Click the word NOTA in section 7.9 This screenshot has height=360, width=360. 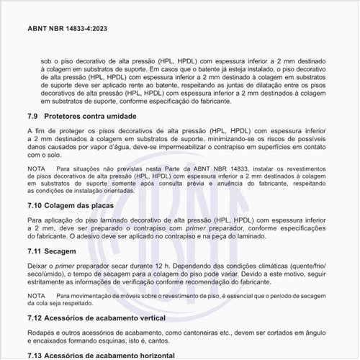pos(36,168)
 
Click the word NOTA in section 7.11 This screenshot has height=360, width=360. pos(36,295)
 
